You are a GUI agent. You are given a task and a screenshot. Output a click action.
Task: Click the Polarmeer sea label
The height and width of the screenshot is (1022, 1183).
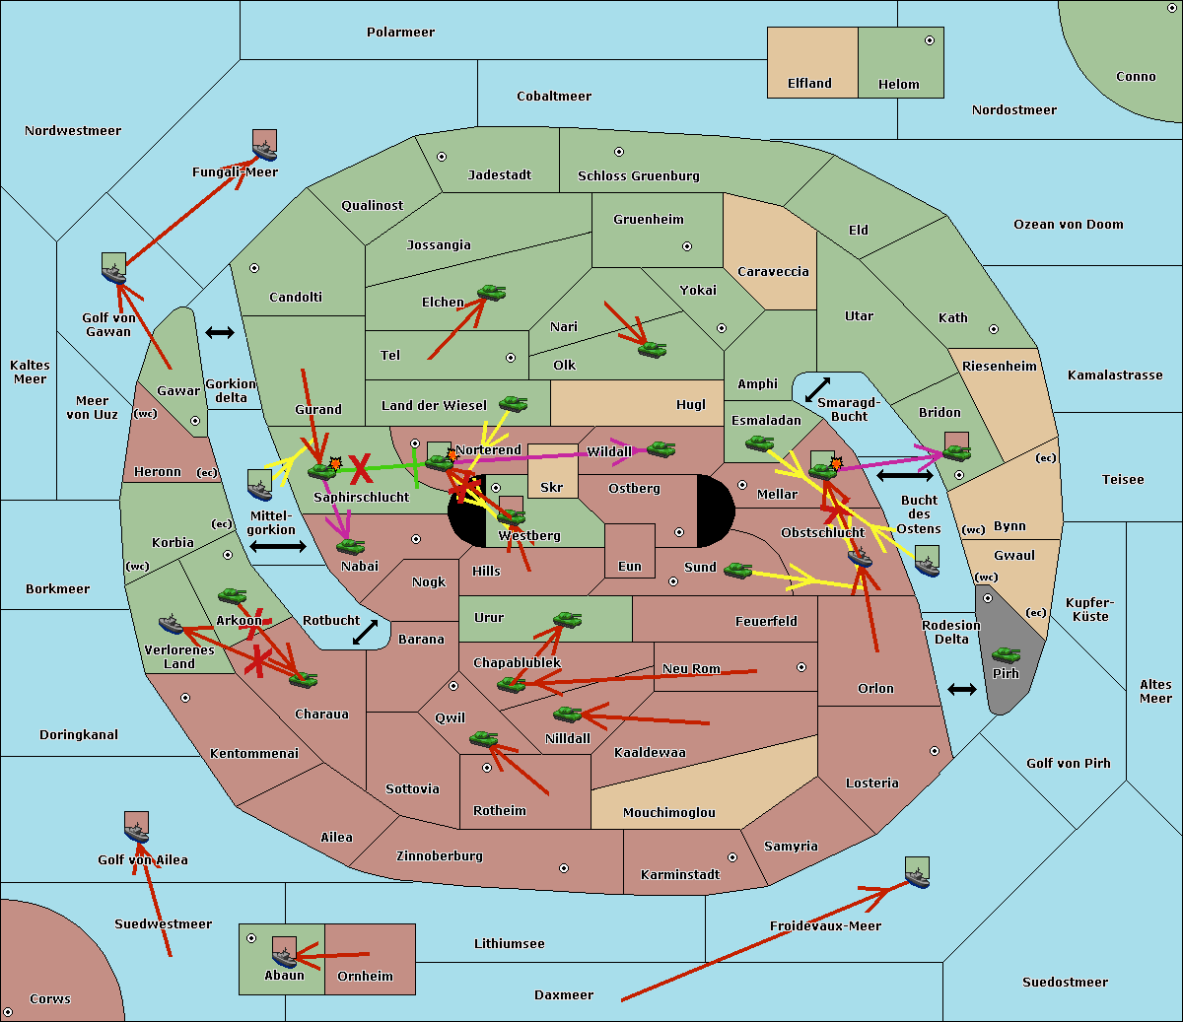click(x=400, y=33)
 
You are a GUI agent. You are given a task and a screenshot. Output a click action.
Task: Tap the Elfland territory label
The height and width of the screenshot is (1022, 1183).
click(x=809, y=84)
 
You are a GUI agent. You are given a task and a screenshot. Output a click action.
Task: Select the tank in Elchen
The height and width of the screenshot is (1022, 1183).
click(x=491, y=293)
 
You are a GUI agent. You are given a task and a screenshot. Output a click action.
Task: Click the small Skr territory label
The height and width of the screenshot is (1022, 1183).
click(x=552, y=488)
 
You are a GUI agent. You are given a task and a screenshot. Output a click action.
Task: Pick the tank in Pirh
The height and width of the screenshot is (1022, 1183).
click(x=1006, y=654)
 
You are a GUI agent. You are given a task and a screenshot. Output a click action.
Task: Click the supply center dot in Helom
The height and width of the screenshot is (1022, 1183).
click(x=929, y=40)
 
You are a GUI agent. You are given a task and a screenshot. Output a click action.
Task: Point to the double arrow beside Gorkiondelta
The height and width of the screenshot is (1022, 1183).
click(x=219, y=333)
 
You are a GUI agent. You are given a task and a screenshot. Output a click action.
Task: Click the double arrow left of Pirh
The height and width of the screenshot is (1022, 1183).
click(x=962, y=689)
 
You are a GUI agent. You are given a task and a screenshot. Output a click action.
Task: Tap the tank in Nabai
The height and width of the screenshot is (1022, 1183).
click(x=350, y=546)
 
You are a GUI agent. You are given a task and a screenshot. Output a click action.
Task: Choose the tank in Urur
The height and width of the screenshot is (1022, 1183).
click(x=567, y=619)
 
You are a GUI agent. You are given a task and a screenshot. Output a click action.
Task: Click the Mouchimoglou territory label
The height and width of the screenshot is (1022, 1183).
click(x=668, y=813)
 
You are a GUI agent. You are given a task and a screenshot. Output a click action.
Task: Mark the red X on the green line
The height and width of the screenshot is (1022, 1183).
click(x=361, y=468)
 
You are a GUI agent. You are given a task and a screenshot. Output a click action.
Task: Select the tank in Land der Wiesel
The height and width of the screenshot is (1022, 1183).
click(x=513, y=403)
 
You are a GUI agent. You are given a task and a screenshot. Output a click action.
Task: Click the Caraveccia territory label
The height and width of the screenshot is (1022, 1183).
click(x=773, y=272)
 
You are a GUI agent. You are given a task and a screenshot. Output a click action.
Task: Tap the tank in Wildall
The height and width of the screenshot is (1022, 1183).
click(x=661, y=449)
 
